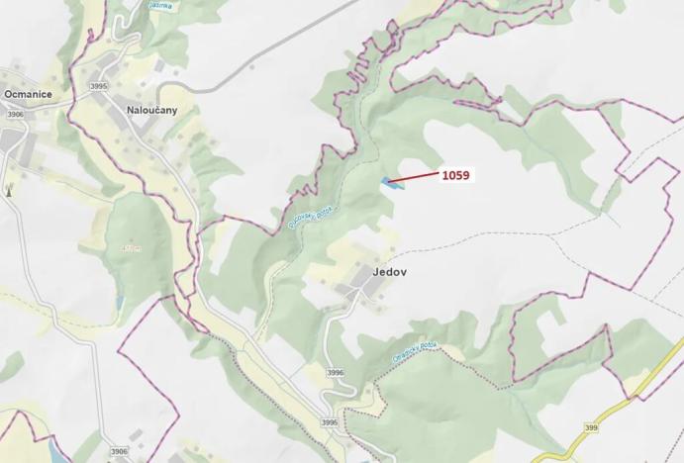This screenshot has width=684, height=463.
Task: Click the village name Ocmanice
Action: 28,94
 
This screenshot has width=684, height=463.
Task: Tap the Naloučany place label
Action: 151,110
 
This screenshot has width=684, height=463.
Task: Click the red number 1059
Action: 455,176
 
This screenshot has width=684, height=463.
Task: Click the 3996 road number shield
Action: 335,373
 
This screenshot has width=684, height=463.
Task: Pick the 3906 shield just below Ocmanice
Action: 15,115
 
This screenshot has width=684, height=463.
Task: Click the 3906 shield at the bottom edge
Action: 119,452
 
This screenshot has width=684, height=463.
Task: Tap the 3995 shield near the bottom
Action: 329,422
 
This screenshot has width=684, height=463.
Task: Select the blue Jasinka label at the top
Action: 159,5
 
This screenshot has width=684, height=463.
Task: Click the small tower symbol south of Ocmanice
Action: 8,188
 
